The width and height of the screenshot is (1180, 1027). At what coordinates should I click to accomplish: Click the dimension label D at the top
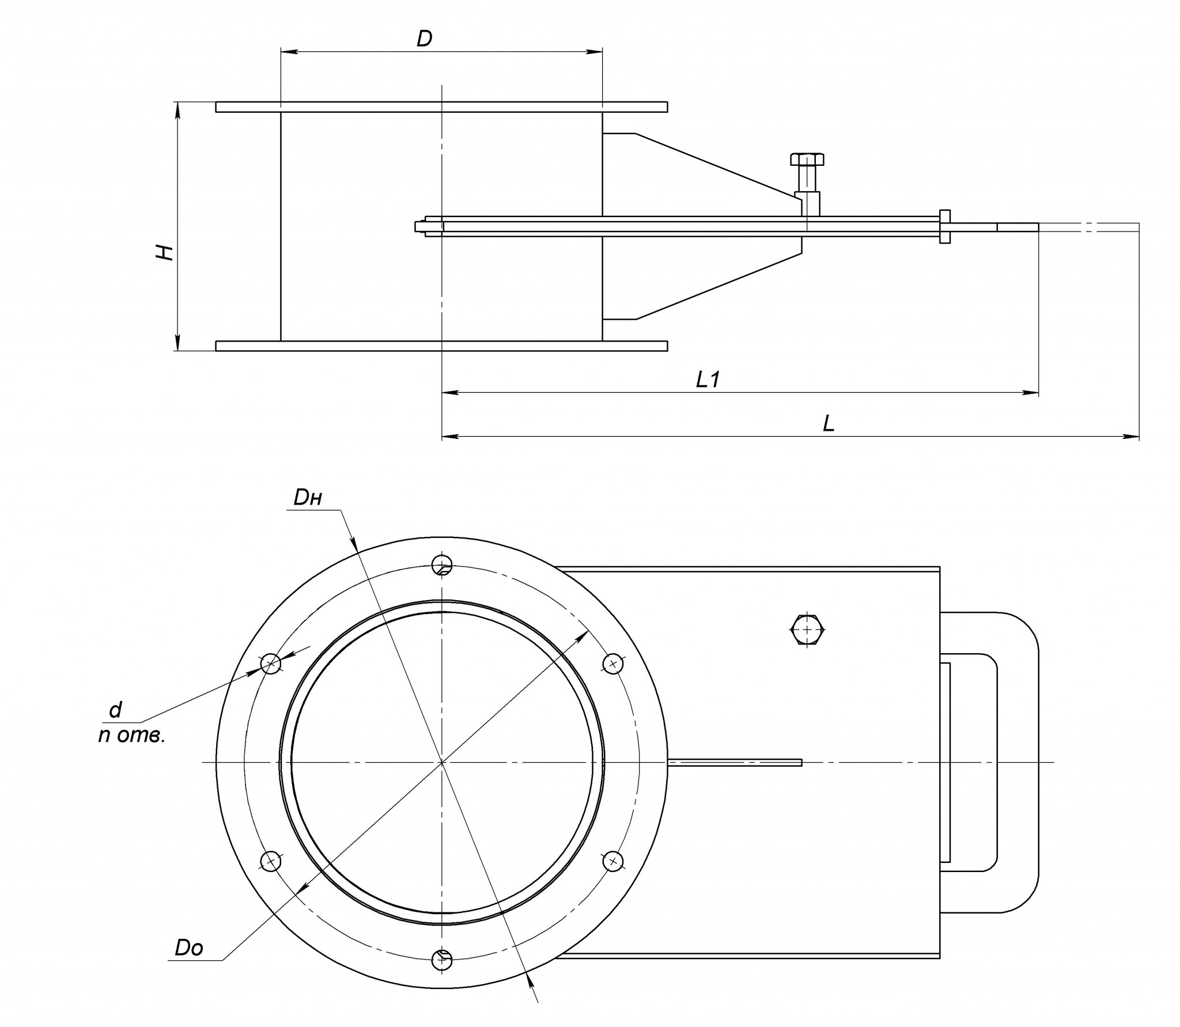click(424, 39)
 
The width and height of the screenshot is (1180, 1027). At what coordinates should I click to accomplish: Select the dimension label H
click(167, 252)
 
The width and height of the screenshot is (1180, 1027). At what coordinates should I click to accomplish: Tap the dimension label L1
click(708, 379)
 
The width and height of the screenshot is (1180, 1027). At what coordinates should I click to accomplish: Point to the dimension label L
click(829, 423)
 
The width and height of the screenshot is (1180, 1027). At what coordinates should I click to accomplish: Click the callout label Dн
click(307, 498)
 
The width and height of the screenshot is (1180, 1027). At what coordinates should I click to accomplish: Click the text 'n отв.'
click(131, 736)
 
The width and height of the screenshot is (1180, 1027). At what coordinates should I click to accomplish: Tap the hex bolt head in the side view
click(807, 160)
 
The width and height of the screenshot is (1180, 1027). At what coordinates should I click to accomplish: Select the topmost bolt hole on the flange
click(442, 565)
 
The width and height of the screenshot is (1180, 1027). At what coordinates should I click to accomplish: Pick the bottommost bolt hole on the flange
click(442, 959)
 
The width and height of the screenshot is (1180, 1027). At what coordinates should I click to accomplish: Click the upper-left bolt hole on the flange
click(271, 664)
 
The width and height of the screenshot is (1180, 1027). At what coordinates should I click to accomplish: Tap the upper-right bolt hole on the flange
click(613, 664)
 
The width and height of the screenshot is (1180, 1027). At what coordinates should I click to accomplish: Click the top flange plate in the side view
click(441, 107)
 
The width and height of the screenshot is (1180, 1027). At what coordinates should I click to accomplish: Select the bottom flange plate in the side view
click(441, 346)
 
